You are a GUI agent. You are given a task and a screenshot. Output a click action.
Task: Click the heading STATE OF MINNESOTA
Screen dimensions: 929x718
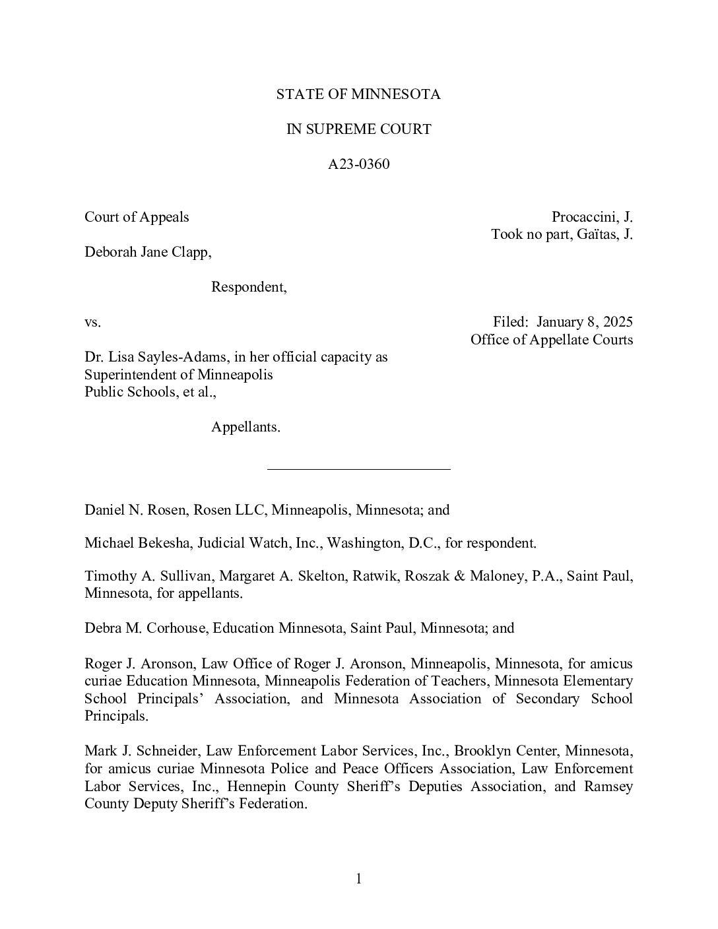(x=358, y=94)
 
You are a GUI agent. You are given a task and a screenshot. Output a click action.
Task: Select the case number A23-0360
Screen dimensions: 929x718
(x=358, y=164)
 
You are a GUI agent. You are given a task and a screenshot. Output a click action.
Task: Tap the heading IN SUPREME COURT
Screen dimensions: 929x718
(x=358, y=129)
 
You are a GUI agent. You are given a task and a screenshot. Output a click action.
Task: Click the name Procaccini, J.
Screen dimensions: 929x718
(x=592, y=217)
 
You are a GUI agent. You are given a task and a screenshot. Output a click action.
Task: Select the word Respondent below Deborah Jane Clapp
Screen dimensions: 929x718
(x=248, y=287)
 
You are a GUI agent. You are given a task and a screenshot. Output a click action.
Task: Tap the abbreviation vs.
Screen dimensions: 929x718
(x=92, y=323)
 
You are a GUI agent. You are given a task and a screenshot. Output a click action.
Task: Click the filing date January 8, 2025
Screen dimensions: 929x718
(x=584, y=322)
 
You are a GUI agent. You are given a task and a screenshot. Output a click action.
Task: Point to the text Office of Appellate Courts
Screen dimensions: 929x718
(x=552, y=340)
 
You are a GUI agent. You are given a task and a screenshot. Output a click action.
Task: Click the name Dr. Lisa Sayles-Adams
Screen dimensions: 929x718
(x=156, y=357)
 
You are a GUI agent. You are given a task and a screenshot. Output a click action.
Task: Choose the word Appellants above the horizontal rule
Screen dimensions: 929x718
(x=245, y=427)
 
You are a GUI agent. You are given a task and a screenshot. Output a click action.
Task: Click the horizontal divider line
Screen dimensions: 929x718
(x=358, y=469)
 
